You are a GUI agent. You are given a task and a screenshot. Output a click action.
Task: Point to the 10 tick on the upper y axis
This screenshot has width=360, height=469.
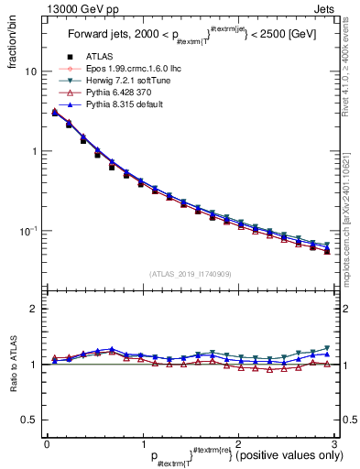coord(31,71)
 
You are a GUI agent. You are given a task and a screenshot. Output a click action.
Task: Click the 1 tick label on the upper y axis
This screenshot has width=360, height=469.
coord(34,151)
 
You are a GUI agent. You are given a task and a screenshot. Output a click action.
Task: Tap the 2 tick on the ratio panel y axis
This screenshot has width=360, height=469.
coord(34,309)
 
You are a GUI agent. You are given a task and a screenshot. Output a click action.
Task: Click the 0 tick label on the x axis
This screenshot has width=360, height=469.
coord(46,442)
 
